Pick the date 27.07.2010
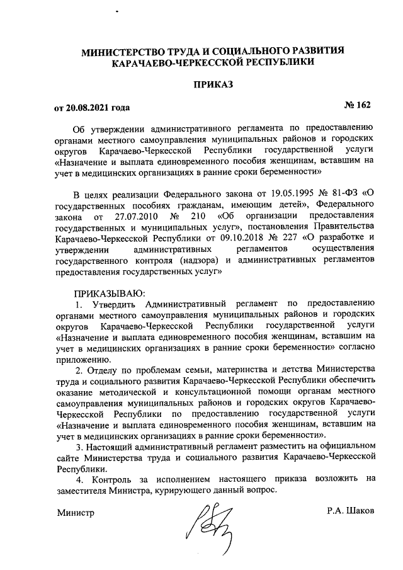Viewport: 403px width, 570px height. pos(120,216)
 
